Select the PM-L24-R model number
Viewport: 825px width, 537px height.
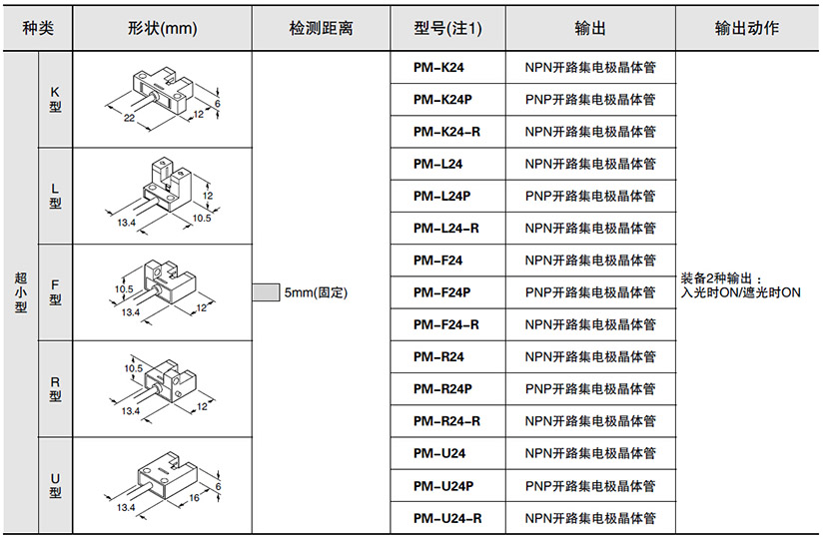pos(445,229)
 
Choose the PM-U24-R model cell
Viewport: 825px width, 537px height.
pos(445,517)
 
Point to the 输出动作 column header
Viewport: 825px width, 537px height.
pos(747,29)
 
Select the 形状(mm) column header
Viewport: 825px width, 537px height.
pos(163,29)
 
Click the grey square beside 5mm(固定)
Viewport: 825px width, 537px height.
pos(266,292)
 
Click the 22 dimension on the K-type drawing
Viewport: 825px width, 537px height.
pos(129,117)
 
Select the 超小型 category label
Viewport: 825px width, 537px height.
pos(21,292)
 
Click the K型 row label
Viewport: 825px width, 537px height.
pos(55,99)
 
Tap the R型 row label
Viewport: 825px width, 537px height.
pos(55,388)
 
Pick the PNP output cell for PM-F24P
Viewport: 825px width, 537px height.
pos(590,292)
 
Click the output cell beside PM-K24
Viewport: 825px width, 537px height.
pos(590,68)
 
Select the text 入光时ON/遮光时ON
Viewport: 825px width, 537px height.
pos(740,293)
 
